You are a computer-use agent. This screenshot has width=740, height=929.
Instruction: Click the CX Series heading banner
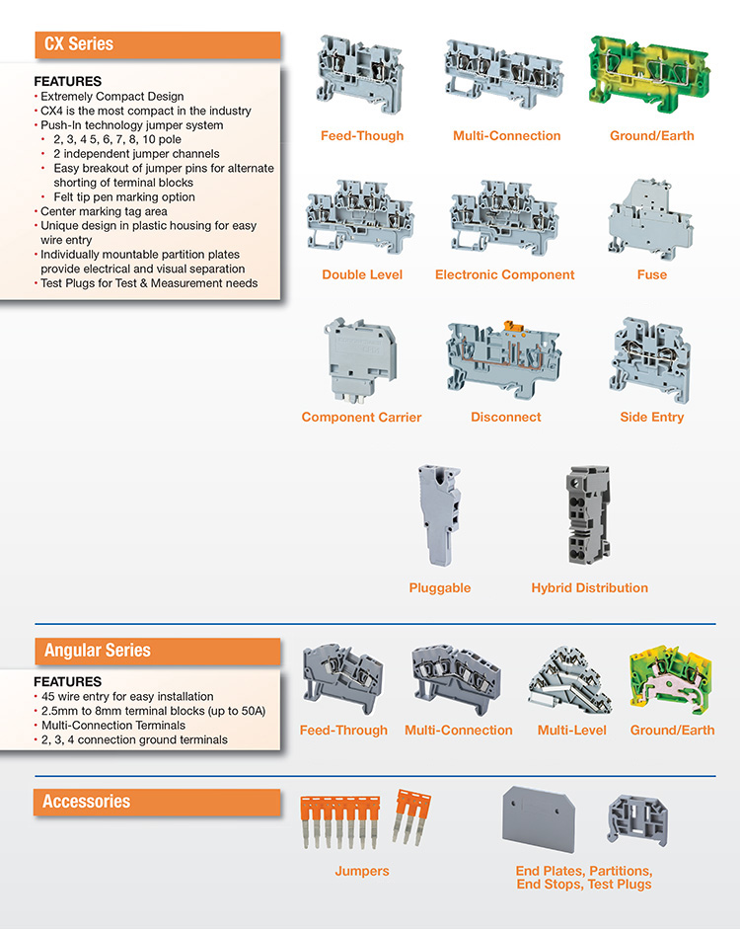(158, 45)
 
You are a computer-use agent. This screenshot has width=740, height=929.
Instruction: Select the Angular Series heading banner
(158, 652)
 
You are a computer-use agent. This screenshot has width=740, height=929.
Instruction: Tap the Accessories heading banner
(157, 803)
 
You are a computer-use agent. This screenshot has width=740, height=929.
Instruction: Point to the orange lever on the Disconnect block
(510, 327)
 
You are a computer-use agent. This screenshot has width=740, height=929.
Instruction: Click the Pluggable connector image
(439, 514)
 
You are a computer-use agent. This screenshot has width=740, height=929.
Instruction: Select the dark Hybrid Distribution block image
(588, 515)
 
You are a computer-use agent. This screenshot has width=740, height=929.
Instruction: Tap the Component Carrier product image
(360, 360)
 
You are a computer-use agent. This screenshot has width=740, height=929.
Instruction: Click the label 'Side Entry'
(652, 417)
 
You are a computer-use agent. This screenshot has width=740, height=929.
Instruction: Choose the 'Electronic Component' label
(504, 274)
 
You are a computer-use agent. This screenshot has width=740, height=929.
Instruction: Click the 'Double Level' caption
(362, 274)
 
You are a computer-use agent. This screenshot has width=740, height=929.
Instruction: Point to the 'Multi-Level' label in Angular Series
(572, 731)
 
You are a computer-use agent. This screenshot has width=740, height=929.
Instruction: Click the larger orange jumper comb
(339, 821)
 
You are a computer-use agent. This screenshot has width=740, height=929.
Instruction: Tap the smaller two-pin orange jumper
(411, 816)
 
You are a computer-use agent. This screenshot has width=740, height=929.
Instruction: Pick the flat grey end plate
(539, 819)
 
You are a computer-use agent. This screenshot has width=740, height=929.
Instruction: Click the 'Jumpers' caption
(362, 871)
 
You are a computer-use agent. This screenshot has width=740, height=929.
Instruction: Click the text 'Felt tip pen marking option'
(124, 197)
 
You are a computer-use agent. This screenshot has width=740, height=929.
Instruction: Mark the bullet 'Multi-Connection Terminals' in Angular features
(113, 726)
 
